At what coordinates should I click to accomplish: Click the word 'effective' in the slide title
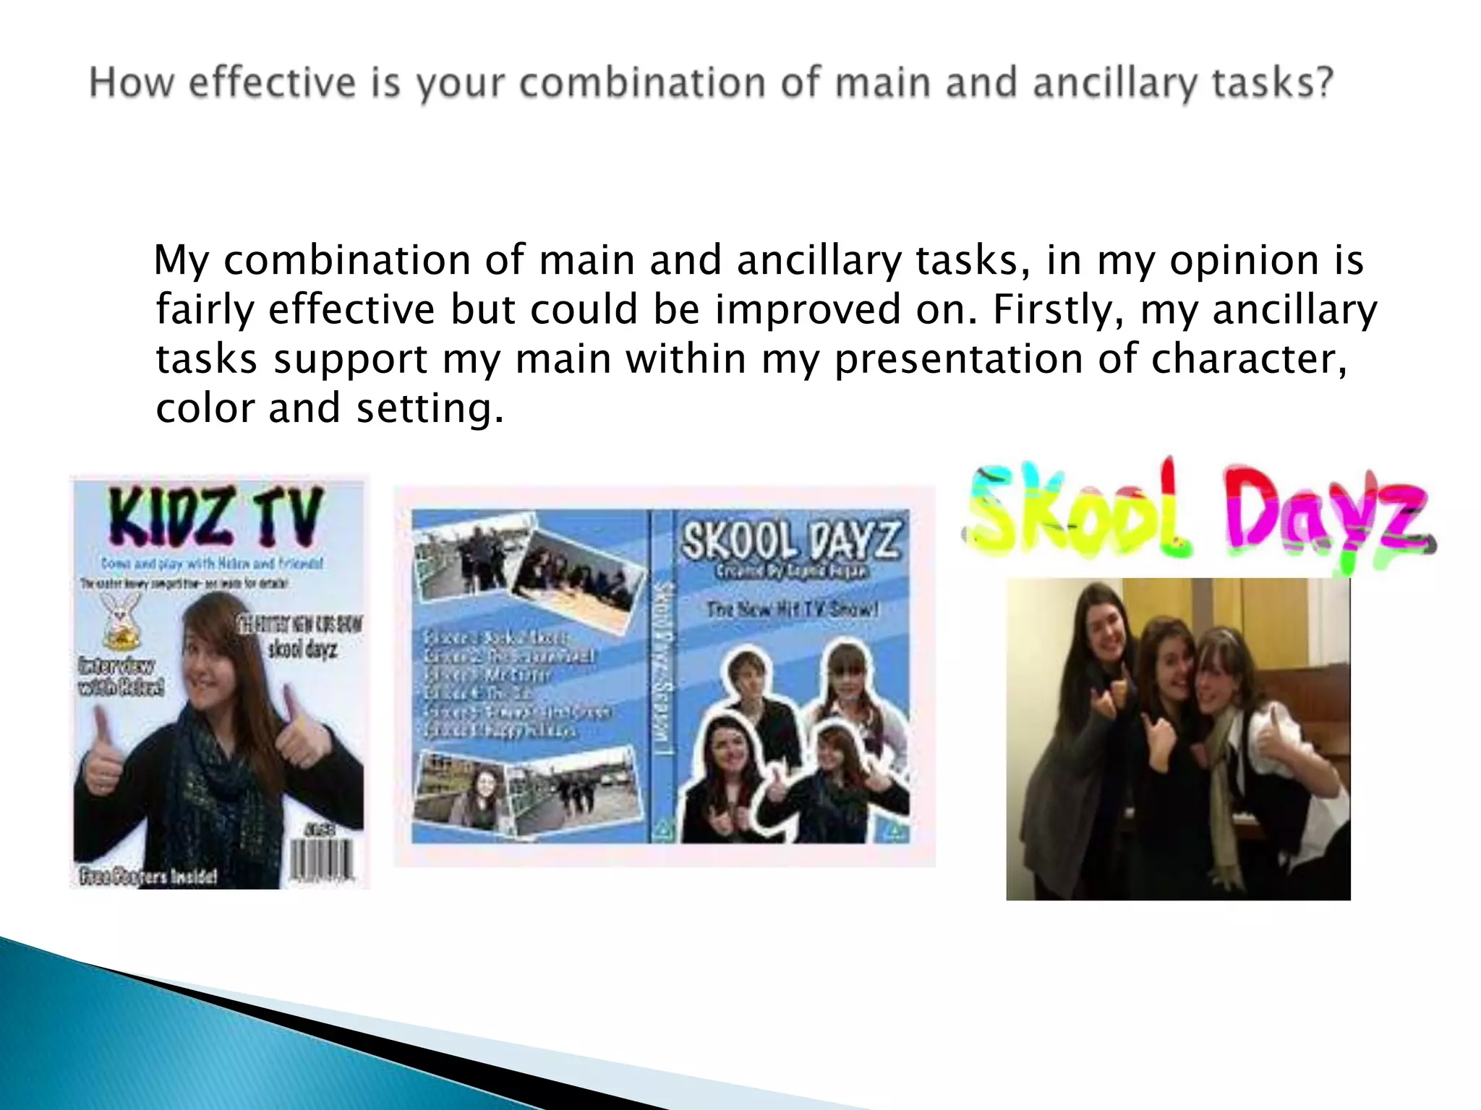(x=272, y=82)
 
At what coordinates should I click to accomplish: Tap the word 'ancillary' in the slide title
(x=1114, y=83)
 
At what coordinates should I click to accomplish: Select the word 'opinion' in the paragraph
(x=1244, y=260)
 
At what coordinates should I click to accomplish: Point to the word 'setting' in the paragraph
(x=430, y=409)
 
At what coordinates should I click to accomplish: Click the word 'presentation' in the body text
(x=959, y=359)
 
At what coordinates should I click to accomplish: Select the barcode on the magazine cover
(x=323, y=859)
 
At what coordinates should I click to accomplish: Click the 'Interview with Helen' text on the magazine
(x=121, y=676)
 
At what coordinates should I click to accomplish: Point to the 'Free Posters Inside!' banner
(x=148, y=877)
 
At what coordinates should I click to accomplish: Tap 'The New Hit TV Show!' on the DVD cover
(x=792, y=609)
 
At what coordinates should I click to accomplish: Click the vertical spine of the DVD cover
(x=662, y=676)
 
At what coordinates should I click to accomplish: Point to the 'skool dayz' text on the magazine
(x=302, y=648)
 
